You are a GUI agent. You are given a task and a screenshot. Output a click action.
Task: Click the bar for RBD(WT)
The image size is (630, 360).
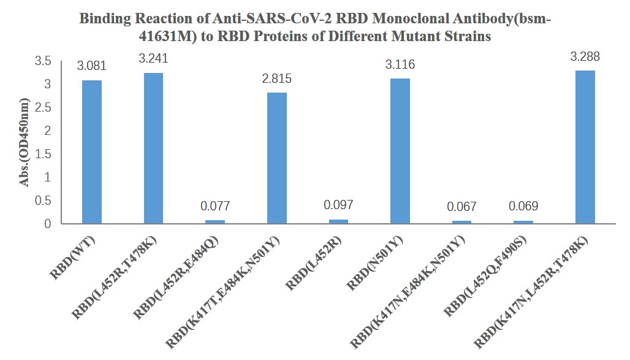[92, 152]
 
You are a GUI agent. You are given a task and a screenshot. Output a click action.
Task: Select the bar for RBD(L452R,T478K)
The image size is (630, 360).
[153, 148]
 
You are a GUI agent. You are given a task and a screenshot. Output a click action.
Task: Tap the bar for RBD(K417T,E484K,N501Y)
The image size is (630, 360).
[277, 158]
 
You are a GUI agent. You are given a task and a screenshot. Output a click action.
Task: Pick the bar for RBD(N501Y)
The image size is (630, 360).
[400, 151]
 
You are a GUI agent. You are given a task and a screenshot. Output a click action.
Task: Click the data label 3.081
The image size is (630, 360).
[92, 66]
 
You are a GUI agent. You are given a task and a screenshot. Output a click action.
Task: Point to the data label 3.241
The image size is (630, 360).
[153, 59]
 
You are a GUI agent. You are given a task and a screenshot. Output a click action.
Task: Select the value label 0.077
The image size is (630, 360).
[215, 207]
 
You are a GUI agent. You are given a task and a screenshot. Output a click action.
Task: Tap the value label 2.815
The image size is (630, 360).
[277, 79]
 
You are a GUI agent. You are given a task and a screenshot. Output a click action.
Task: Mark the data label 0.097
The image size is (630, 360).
[338, 205]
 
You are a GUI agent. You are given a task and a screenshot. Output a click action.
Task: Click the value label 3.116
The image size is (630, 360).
[400, 64]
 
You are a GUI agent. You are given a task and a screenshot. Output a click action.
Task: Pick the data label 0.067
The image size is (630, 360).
[461, 207]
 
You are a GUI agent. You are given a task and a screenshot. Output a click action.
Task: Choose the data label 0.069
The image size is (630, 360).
[523, 207]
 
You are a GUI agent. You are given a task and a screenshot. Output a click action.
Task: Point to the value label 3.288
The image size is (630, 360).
[585, 57]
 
